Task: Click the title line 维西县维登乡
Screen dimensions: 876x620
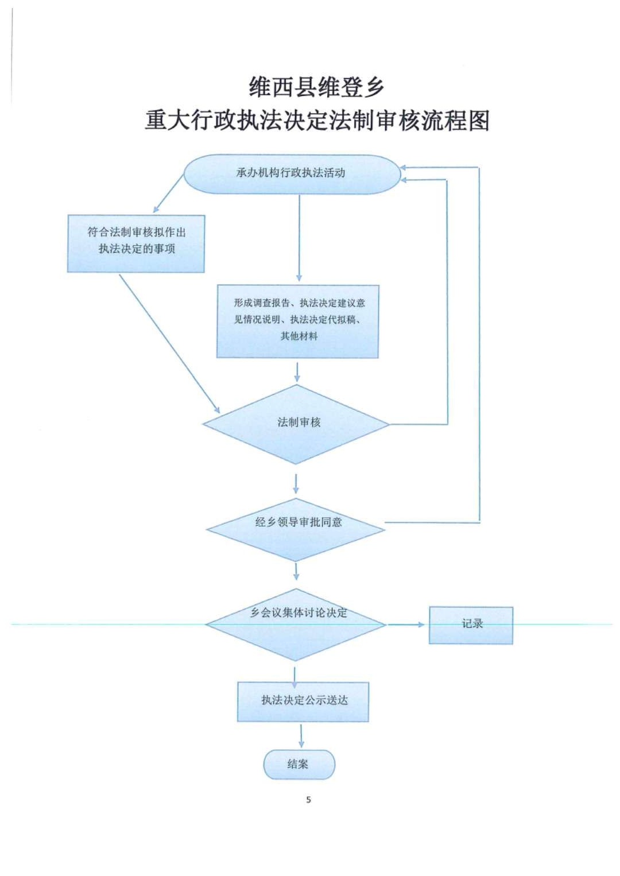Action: coord(316,87)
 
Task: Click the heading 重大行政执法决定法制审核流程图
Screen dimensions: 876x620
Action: coord(317,121)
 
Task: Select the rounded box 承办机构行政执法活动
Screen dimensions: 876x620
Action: coord(291,173)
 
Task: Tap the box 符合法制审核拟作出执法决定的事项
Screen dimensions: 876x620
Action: coord(136,243)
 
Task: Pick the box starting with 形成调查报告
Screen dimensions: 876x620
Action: coord(298,321)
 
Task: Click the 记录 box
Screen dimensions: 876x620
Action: coord(471,625)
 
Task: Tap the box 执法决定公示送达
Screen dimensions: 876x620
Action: coord(303,701)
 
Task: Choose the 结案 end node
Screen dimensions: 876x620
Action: coord(299,764)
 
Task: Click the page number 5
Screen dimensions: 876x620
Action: coord(308,800)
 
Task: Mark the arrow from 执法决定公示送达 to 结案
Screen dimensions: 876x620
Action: coord(301,735)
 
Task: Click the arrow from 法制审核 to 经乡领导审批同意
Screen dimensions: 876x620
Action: coord(296,483)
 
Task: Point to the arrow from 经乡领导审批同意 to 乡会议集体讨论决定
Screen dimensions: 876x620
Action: coord(296,571)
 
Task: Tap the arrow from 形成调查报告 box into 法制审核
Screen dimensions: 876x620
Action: coord(297,371)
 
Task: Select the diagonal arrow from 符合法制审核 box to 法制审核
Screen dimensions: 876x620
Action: coord(169,343)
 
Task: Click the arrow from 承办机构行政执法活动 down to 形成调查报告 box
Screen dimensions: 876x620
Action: coord(299,238)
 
